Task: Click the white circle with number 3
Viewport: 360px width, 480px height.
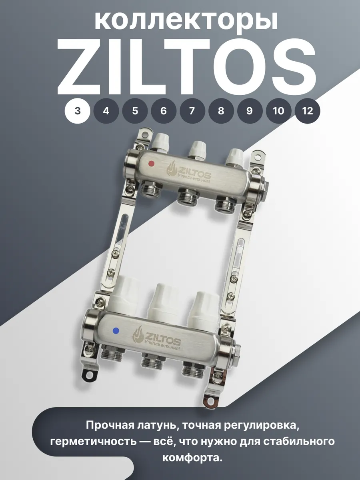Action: pyautogui.click(x=77, y=111)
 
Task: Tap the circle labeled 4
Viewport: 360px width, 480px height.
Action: pyautogui.click(x=106, y=111)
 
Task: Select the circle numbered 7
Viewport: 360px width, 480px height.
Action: pyautogui.click(x=192, y=111)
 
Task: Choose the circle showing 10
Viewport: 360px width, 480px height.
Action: pyautogui.click(x=278, y=111)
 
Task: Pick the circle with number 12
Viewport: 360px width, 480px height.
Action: pyautogui.click(x=307, y=111)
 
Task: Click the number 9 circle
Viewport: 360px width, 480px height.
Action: pyautogui.click(x=250, y=111)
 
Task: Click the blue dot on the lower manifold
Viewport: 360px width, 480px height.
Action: pyautogui.click(x=116, y=331)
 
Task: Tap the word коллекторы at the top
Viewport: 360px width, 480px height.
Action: pyautogui.click(x=186, y=22)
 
